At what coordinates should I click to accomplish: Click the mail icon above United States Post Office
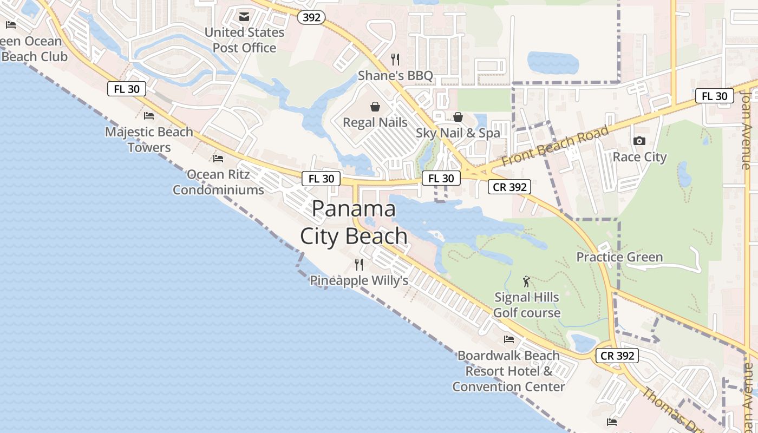pyautogui.click(x=244, y=17)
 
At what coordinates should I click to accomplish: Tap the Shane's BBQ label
pyautogui.click(x=395, y=76)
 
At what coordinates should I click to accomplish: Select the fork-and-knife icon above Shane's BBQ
pyautogui.click(x=395, y=59)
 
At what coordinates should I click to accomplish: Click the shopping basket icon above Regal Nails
pyautogui.click(x=375, y=107)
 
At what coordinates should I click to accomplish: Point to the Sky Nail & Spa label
pyautogui.click(x=458, y=133)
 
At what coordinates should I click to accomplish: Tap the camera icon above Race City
pyautogui.click(x=639, y=141)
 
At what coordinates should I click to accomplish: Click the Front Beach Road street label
pyautogui.click(x=555, y=146)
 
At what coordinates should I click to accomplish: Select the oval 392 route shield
pyautogui.click(x=311, y=17)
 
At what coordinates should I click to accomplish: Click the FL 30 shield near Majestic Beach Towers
pyautogui.click(x=127, y=89)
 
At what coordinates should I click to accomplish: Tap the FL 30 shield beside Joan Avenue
pyautogui.click(x=714, y=96)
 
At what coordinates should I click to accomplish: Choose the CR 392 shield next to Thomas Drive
pyautogui.click(x=617, y=356)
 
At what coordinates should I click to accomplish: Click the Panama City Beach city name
pyautogui.click(x=354, y=222)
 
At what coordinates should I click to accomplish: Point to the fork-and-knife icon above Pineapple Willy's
pyautogui.click(x=358, y=264)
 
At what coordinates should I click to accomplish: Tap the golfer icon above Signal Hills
pyautogui.click(x=526, y=281)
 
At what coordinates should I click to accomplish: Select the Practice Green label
pyautogui.click(x=619, y=257)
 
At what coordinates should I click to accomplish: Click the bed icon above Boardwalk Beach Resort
pyautogui.click(x=508, y=339)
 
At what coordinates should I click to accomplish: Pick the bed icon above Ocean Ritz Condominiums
pyautogui.click(x=218, y=158)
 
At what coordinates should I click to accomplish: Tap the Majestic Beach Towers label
pyautogui.click(x=149, y=140)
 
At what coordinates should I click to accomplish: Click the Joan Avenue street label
pyautogui.click(x=746, y=130)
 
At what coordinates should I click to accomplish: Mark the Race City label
pyautogui.click(x=639, y=157)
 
